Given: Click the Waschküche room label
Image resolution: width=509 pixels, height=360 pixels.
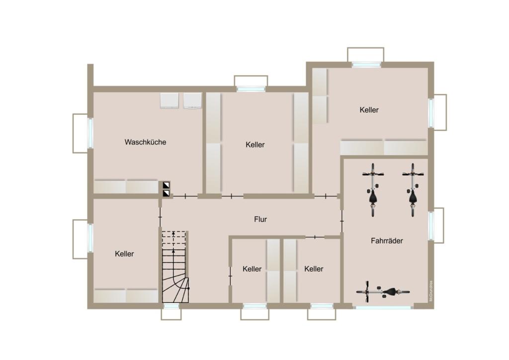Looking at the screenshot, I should tap(145, 142).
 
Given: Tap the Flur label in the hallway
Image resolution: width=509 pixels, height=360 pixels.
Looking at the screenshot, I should tap(260, 219).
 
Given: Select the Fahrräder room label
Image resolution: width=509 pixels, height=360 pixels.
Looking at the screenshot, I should tap(387, 241).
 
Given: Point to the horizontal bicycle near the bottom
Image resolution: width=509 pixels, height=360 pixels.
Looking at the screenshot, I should tap(383, 292).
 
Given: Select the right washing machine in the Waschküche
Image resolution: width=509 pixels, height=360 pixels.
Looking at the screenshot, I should tap(192, 100).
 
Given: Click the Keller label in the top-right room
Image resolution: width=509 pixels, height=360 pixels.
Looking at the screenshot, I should tap(369, 110).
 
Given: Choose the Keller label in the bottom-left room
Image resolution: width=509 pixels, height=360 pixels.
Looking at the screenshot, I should tap(124, 254).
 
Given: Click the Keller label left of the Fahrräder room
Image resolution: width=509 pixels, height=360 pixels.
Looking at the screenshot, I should tap(314, 269).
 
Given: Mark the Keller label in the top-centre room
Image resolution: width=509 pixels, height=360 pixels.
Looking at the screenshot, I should tap(255, 145).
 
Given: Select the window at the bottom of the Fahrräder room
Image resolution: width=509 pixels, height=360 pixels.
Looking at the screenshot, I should tap(383, 307).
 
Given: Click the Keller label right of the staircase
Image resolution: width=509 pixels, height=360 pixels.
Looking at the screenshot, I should tap(252, 269).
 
